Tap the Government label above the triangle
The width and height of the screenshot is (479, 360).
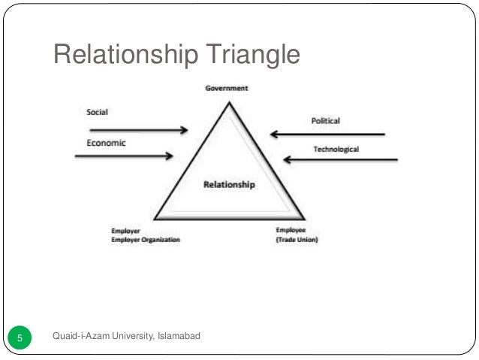click(227, 88)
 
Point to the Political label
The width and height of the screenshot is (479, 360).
click(325, 120)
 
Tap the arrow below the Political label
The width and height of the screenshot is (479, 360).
click(327, 135)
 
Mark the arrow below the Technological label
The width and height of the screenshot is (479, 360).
click(339, 159)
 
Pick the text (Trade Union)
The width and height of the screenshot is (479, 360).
click(296, 241)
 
